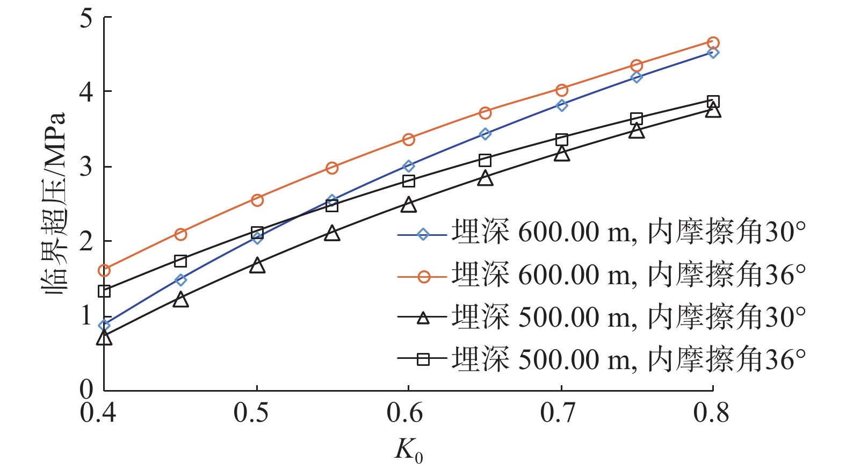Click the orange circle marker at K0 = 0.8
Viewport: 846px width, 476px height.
713,43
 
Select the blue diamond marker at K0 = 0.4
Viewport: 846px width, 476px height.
104,326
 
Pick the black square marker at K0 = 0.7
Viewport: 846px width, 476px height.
562,140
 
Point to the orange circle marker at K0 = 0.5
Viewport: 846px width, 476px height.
257,200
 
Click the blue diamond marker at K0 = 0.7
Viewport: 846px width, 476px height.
562,105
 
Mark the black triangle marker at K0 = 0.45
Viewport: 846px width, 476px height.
181,300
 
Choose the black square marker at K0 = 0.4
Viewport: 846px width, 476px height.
104,291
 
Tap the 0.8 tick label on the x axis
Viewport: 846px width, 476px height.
711,413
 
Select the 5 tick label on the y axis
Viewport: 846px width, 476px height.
86,18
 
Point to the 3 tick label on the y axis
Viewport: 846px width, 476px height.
86,167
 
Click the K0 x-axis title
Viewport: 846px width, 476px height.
409,451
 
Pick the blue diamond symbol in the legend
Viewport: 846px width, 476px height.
423,234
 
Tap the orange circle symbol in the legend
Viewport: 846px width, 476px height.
423,276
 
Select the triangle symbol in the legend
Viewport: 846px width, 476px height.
423,318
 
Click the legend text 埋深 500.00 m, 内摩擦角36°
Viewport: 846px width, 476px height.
628,359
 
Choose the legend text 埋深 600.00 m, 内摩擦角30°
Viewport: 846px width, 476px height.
628,233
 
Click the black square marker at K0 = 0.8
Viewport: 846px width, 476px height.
713,102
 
